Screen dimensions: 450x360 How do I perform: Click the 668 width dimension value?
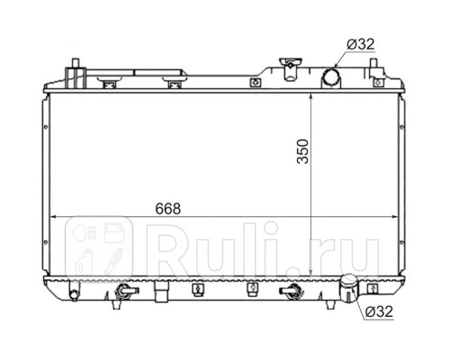[168, 209]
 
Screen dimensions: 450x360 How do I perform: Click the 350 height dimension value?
[302, 151]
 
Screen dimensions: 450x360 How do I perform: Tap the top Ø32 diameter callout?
[361, 45]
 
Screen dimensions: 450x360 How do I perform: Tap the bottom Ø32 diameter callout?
[379, 311]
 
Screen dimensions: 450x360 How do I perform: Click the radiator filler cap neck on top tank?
[290, 69]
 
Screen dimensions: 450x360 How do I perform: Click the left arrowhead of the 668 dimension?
[53, 217]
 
